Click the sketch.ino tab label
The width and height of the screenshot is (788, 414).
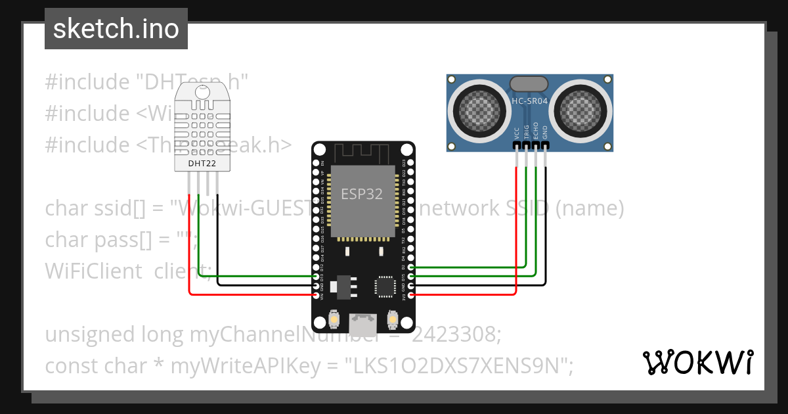click(116, 29)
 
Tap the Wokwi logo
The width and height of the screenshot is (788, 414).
click(697, 362)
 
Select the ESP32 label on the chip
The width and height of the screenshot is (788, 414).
click(362, 195)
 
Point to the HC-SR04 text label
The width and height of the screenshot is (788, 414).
click(529, 101)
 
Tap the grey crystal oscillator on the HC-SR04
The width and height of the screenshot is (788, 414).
click(529, 83)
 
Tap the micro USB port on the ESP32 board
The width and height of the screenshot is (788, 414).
click(363, 323)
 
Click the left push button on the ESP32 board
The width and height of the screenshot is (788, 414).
click(334, 319)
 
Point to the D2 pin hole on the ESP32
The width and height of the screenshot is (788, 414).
click(411, 267)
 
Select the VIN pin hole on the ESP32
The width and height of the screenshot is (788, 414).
click(317, 296)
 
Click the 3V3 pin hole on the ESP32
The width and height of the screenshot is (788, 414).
click(411, 296)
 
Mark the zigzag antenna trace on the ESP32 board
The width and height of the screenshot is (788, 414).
click(362, 153)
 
